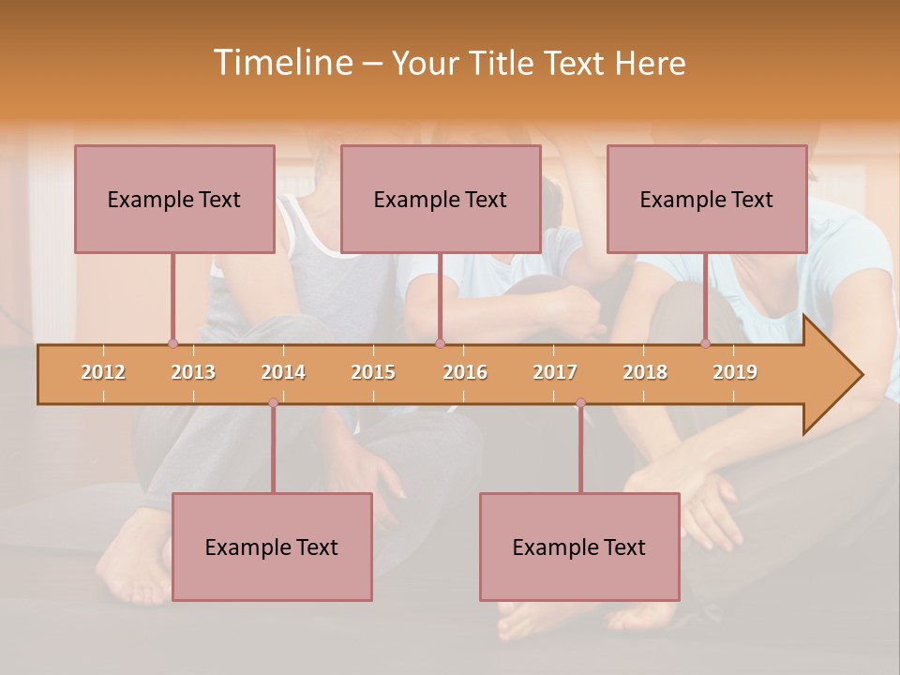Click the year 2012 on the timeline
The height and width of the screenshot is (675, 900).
pyautogui.click(x=103, y=372)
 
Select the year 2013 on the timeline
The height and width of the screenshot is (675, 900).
pyautogui.click(x=193, y=372)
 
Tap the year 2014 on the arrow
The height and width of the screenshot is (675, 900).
pyautogui.click(x=283, y=372)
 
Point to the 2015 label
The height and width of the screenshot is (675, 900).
pyautogui.click(x=373, y=372)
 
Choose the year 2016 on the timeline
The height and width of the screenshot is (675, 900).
pyautogui.click(x=465, y=372)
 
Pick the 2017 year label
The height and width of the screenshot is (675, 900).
pyautogui.click(x=555, y=372)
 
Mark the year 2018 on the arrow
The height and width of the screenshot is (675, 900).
pyautogui.click(x=645, y=372)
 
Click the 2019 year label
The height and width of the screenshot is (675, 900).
pyautogui.click(x=735, y=372)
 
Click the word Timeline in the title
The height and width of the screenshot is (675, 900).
pyautogui.click(x=281, y=63)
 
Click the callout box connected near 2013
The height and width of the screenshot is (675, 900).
pyautogui.click(x=174, y=199)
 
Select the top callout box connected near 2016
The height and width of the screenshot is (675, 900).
pyautogui.click(x=441, y=199)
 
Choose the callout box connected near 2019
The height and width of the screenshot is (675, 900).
pyautogui.click(x=707, y=199)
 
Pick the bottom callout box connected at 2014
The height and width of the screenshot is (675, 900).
pyautogui.click(x=272, y=547)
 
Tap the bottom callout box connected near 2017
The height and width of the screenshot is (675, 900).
pyautogui.click(x=579, y=547)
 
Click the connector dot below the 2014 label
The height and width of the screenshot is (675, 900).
pyautogui.click(x=273, y=403)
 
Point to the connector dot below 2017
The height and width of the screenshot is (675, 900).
pyautogui.click(x=580, y=403)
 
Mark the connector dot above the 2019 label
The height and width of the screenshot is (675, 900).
pyautogui.click(x=705, y=343)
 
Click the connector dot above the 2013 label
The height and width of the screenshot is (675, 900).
pyautogui.click(x=172, y=343)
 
